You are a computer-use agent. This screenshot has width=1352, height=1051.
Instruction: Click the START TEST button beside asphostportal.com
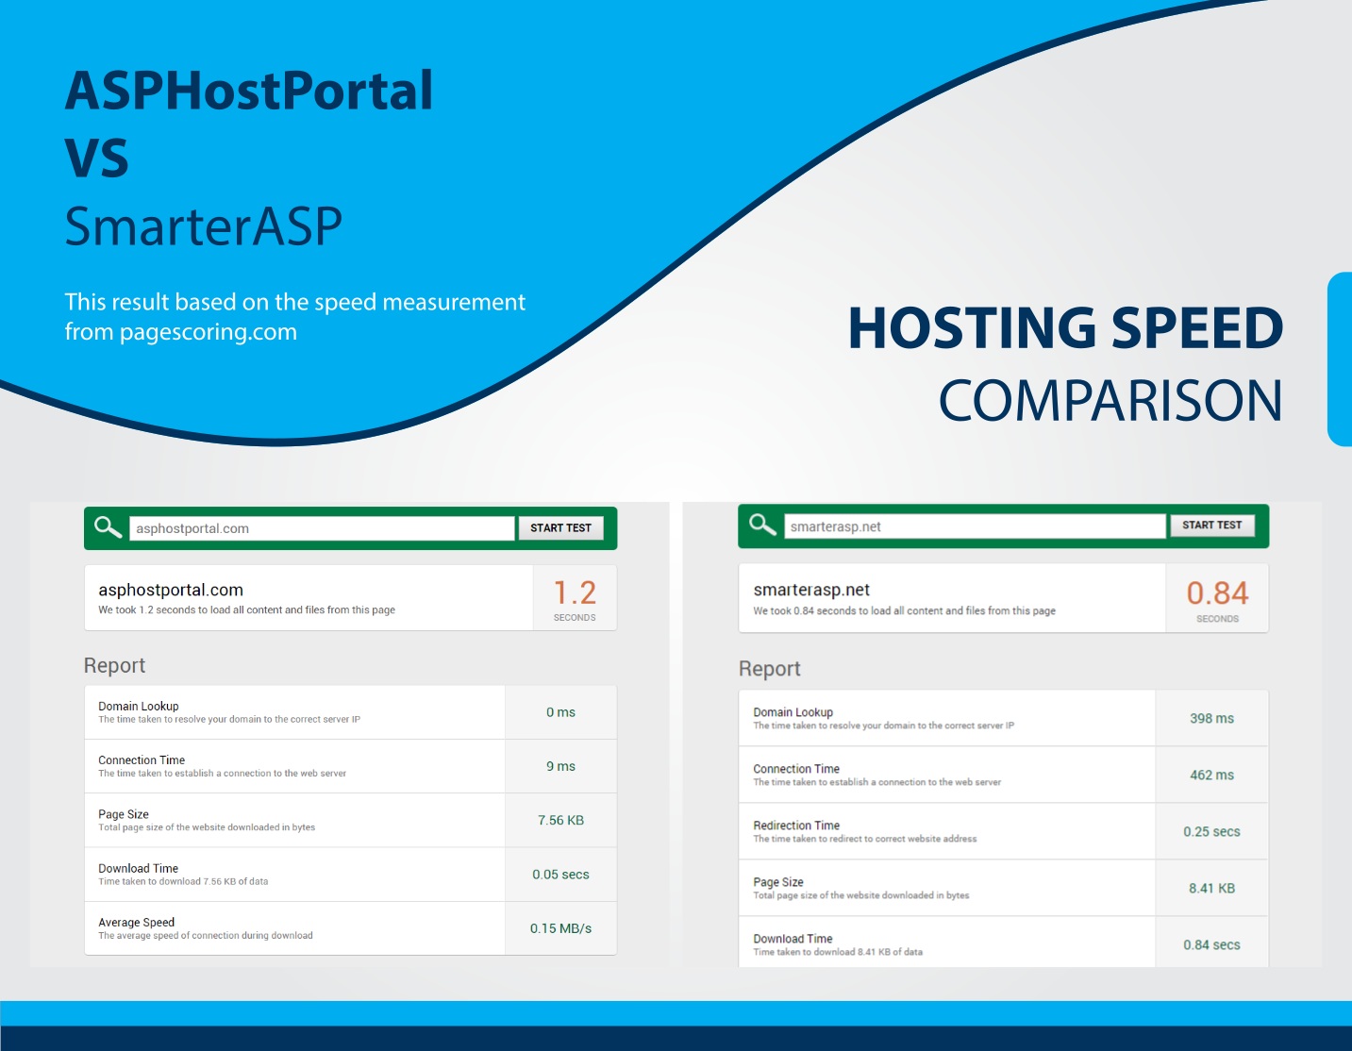click(560, 528)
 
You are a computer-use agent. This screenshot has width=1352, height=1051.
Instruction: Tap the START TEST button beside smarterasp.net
click(1212, 525)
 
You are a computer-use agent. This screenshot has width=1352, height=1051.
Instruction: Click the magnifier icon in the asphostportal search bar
click(108, 526)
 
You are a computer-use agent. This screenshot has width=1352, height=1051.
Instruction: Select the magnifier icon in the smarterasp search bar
click(762, 525)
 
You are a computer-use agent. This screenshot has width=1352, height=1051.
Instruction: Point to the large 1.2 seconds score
click(575, 592)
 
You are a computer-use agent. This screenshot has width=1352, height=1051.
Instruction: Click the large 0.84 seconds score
click(1217, 592)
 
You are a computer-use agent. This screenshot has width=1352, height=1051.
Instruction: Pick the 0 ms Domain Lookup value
click(560, 712)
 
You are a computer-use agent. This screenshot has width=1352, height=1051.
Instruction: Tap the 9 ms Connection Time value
click(560, 766)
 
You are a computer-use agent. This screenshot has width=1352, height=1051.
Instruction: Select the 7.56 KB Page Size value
click(560, 820)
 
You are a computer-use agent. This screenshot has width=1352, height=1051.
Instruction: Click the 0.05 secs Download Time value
click(560, 875)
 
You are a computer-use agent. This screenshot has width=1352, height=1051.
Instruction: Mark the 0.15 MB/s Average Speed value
click(560, 928)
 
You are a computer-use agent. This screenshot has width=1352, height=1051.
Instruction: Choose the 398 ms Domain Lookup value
click(1212, 718)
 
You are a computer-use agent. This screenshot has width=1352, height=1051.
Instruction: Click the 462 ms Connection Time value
click(1212, 775)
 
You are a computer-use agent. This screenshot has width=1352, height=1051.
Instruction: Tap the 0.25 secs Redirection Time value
click(1212, 831)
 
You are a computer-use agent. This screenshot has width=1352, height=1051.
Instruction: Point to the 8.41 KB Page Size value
click(1212, 888)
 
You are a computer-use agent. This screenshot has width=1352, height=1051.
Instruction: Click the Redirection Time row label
click(796, 826)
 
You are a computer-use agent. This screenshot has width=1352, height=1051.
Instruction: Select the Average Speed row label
click(136, 923)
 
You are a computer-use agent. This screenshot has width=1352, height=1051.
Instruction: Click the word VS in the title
click(96, 158)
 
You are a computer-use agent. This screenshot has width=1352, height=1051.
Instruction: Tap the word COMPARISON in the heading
click(1110, 401)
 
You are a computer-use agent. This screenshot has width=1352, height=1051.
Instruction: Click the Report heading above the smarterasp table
click(769, 669)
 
